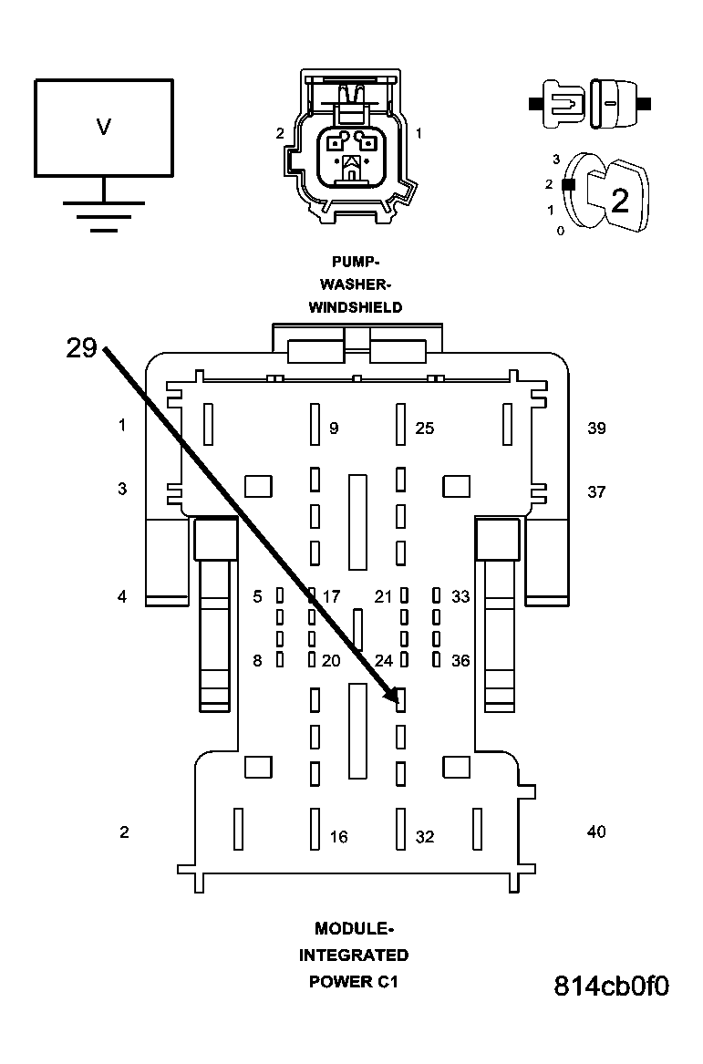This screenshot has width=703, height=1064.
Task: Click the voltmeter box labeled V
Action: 103,127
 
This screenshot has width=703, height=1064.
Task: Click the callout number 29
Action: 81,347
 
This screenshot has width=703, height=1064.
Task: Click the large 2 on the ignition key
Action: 620,200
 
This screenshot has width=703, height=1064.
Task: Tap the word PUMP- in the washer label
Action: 355,262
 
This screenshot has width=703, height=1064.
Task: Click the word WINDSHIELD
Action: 355,307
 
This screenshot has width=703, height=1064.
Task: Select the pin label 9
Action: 334,428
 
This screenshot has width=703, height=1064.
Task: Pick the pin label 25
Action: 425,428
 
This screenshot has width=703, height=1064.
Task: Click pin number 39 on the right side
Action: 596,428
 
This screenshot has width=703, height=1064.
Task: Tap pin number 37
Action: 596,491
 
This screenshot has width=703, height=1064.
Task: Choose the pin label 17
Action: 331,596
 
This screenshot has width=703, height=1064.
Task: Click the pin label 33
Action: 460,596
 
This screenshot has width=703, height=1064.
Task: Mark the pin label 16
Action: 338,837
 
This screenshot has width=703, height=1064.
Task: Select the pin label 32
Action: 425,837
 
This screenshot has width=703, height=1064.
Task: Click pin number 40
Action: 596,832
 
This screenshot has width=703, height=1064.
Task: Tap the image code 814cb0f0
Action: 612,987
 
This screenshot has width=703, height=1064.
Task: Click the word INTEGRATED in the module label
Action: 355,956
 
